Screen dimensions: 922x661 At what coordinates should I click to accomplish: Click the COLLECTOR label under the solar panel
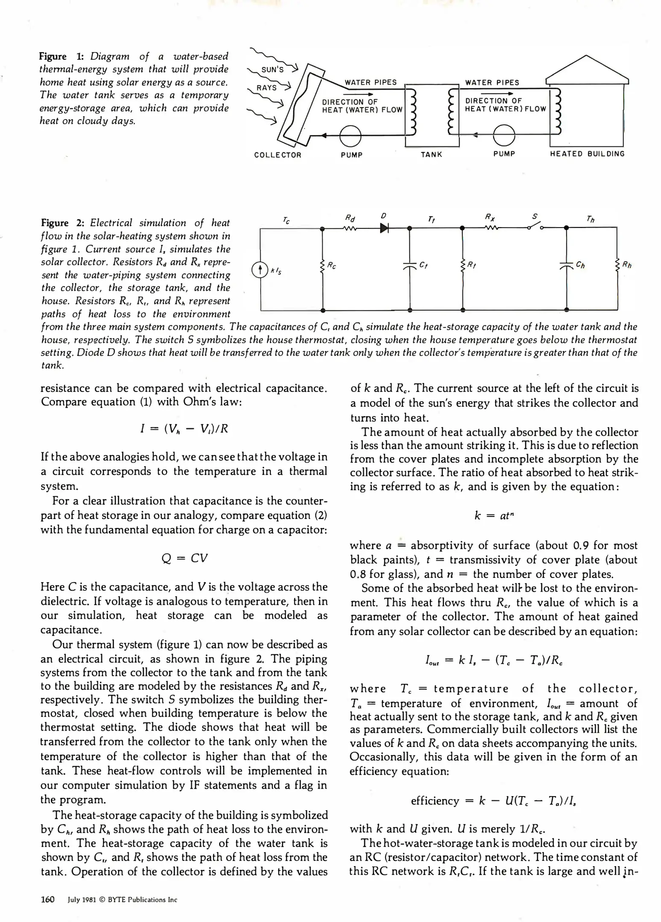click(x=278, y=155)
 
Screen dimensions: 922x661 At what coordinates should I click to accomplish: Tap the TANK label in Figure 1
click(x=431, y=155)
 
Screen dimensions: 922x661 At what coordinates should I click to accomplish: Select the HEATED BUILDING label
click(x=587, y=154)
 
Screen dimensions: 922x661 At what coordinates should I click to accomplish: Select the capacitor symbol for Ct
click(x=409, y=266)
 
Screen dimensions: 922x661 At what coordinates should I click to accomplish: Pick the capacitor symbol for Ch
click(x=566, y=266)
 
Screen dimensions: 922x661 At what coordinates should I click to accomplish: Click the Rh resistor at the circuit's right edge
click(x=617, y=266)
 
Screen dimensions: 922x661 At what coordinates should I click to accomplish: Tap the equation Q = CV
click(x=184, y=558)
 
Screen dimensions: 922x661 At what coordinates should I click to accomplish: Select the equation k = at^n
click(x=494, y=516)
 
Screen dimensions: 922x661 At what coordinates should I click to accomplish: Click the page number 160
click(x=47, y=899)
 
